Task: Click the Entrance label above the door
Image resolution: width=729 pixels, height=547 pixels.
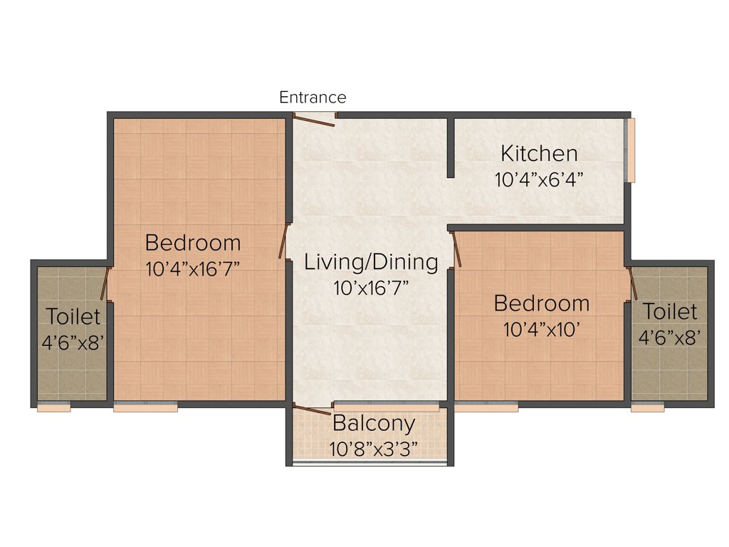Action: coord(313,98)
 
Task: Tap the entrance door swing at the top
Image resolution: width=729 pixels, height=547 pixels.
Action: coord(315,120)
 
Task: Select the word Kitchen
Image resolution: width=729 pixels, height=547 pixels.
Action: coord(539,153)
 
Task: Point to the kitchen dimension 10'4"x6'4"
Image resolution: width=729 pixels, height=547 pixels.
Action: coord(539,179)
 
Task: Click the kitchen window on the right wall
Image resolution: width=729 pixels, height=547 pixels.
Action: coord(630,150)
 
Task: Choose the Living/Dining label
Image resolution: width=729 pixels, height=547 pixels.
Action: coord(371,262)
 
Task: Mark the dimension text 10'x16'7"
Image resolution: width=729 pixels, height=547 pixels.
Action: coord(371,288)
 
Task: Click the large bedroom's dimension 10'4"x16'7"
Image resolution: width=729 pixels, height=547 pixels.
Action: coord(192,269)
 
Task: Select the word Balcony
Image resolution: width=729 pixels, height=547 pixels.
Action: coord(374,424)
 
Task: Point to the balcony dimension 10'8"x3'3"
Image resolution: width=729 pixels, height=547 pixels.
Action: coord(373,449)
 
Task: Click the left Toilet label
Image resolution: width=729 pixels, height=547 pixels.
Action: coord(73,316)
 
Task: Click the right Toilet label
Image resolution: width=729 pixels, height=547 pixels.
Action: coord(670,312)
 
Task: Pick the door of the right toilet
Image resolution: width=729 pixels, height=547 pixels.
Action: coord(632,283)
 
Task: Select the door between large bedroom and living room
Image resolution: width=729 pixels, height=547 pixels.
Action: coord(283,241)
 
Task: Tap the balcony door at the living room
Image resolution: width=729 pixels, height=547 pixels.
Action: coord(312,409)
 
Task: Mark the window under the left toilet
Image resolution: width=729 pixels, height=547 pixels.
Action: coord(54,408)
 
